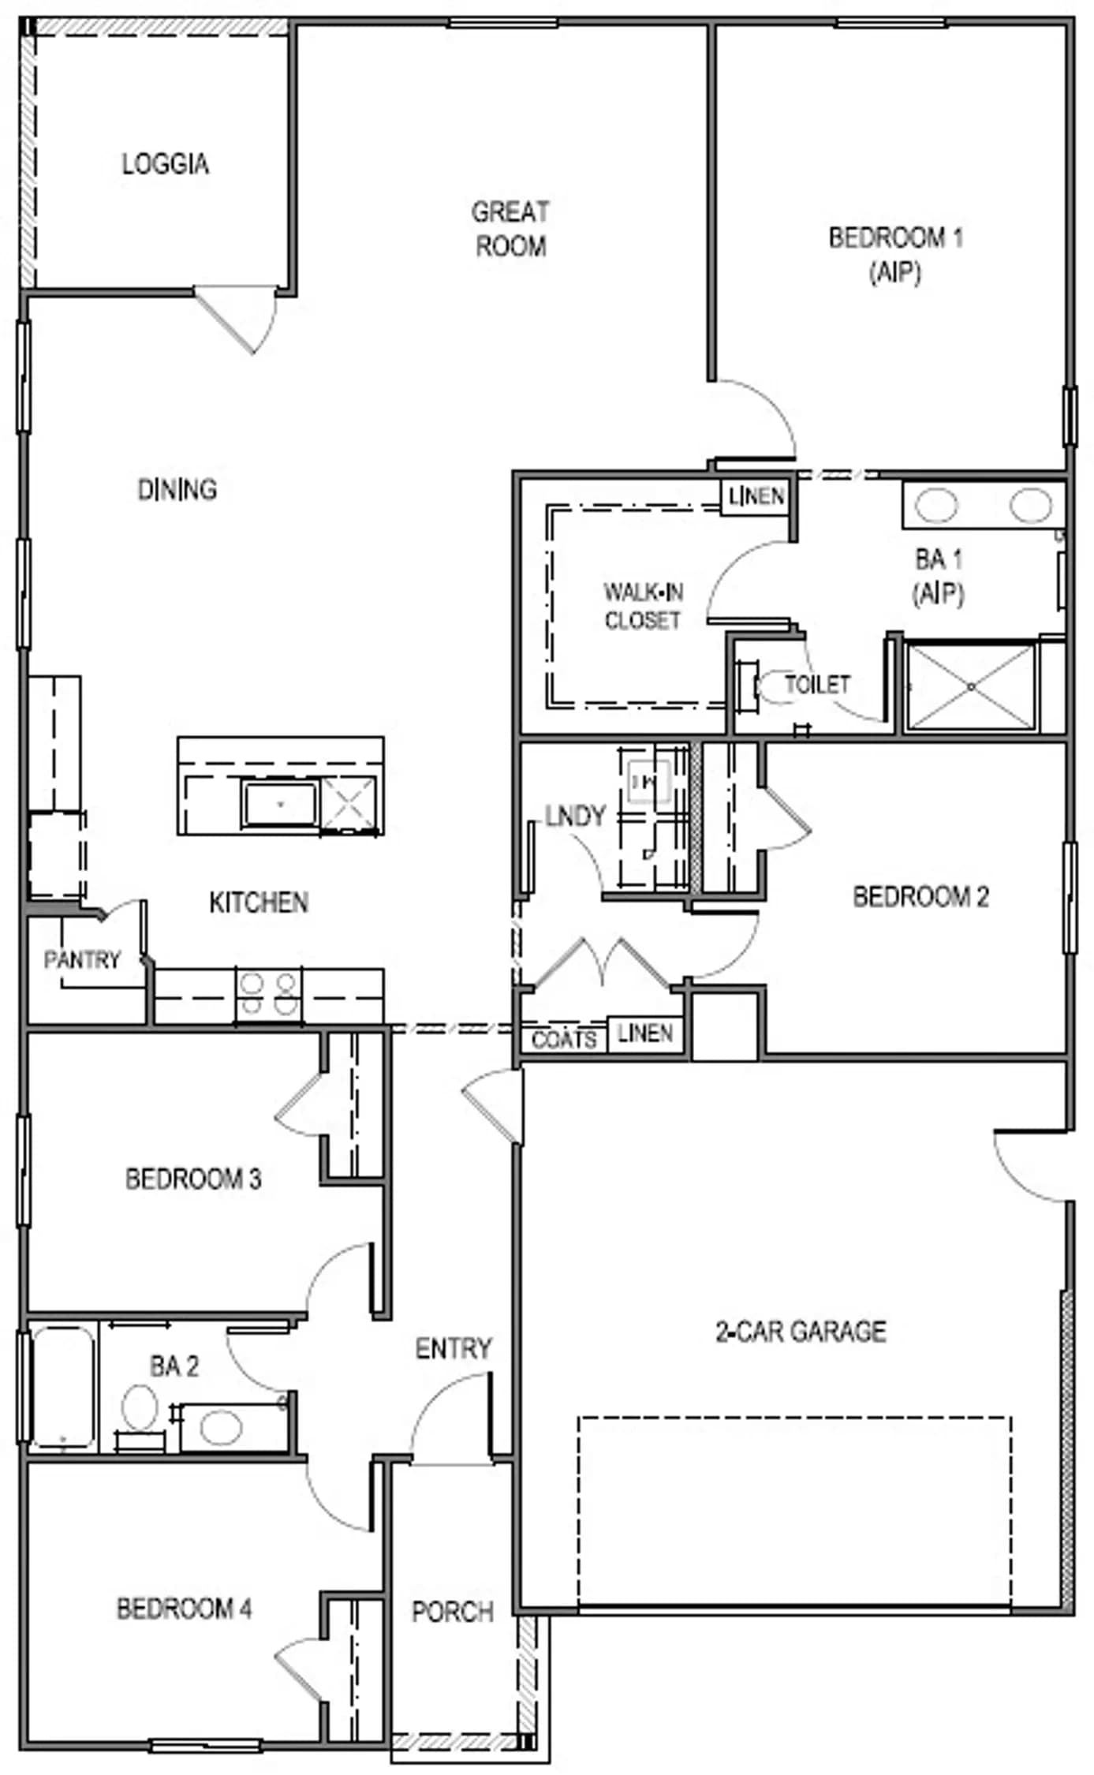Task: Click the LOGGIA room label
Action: click(x=165, y=163)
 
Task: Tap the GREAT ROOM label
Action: click(x=510, y=229)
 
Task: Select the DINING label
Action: click(x=177, y=489)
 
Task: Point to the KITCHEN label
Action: click(x=258, y=902)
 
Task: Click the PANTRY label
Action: click(x=81, y=959)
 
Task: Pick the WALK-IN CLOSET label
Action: click(x=643, y=606)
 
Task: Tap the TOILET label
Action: click(x=817, y=684)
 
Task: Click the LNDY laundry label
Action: click(x=575, y=815)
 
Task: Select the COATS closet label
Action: click(x=563, y=1039)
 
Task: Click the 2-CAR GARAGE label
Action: click(x=801, y=1332)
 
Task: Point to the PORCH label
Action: click(x=453, y=1612)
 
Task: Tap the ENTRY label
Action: click(x=454, y=1348)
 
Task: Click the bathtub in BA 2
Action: click(x=62, y=1388)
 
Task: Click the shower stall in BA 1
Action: click(x=971, y=686)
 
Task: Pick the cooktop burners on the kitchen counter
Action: click(x=268, y=995)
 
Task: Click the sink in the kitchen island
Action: click(x=281, y=804)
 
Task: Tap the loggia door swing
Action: click(x=237, y=320)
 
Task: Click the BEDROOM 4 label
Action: click(x=185, y=1609)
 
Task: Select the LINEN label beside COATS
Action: click(x=645, y=1033)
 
